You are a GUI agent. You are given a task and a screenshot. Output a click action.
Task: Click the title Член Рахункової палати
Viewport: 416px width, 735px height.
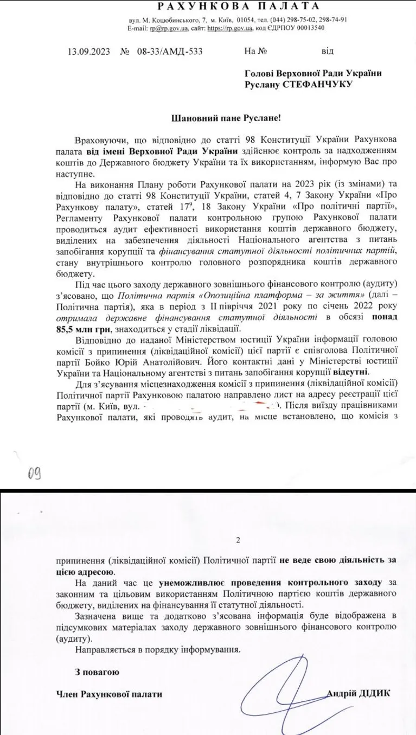click(109, 694)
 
